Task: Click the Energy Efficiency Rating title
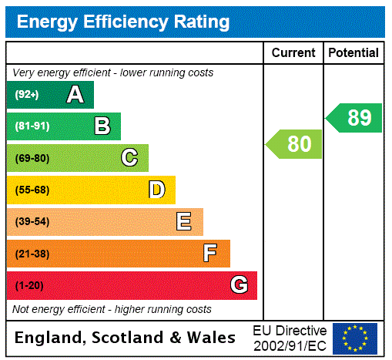coord(123,22)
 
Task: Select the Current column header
coord(293,53)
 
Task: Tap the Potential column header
coord(353,53)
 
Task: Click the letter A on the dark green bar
coord(75,95)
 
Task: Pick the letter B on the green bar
coord(102,126)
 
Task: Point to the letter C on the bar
coord(129,158)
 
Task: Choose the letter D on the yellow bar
coord(156,190)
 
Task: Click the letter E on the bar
coord(184,222)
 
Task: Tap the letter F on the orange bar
coord(210,254)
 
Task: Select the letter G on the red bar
coord(239,285)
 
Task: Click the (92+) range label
coord(28,95)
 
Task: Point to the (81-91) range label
coord(32,126)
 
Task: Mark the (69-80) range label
coord(32,158)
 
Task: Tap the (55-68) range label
coord(32,190)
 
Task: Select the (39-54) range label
coord(32,222)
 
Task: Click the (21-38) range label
coord(32,254)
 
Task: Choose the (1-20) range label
coord(29,285)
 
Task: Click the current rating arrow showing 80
coord(295,144)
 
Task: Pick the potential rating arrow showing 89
coord(354,118)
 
